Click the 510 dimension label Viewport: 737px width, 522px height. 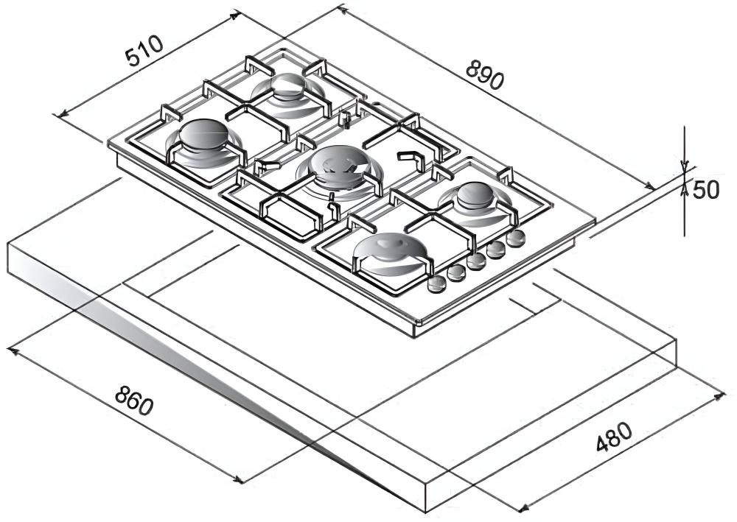pos(144,51)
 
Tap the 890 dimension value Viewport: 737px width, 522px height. pos(485,74)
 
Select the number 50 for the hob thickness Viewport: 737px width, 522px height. pos(706,190)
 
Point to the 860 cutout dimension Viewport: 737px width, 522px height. pos(134,400)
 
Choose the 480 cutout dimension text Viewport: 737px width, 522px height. pos(615,437)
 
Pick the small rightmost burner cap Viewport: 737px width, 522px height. pos(476,195)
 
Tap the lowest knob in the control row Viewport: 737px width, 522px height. pos(436,284)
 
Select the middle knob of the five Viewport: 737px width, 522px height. pos(477,261)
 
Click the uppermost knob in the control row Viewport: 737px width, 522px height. pos(516,238)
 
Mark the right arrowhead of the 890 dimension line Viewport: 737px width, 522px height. pos(649,186)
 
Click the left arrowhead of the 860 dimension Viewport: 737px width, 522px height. pos(13,350)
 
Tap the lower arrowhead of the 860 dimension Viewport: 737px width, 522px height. pos(238,479)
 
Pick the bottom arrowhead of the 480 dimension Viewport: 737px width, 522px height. pos(523,508)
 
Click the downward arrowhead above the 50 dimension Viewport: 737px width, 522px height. pos(685,165)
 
